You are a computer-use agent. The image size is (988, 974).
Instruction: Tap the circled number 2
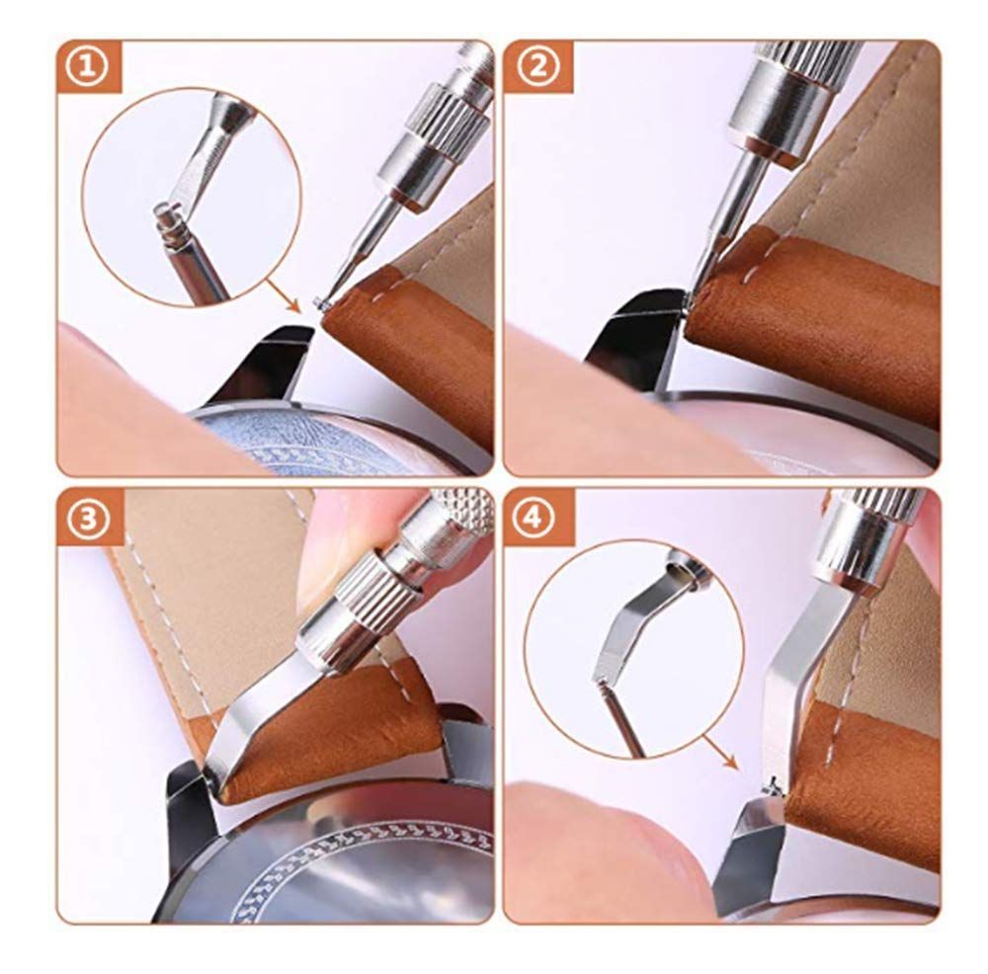pos(536,68)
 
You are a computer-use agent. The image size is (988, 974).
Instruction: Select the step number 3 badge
pos(87,519)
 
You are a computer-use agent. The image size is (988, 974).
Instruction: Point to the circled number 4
pos(535,519)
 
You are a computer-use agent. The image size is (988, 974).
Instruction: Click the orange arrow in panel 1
pos(282,295)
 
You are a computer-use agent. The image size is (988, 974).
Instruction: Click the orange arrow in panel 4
pos(719,752)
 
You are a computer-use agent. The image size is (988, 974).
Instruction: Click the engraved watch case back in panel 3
pos(353,863)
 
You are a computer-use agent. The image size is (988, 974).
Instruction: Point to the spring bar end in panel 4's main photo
pos(773,787)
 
